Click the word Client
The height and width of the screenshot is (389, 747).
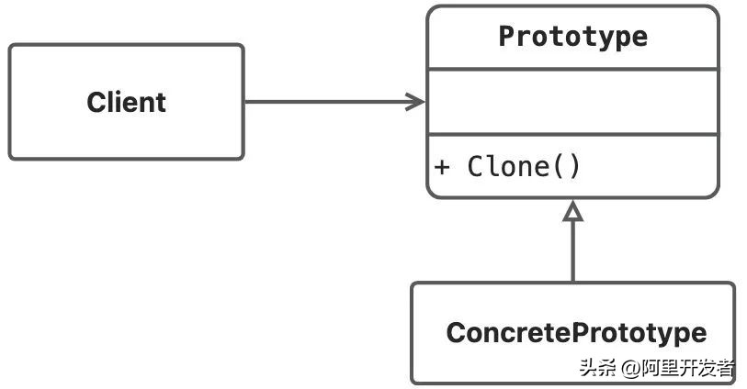[x=126, y=102]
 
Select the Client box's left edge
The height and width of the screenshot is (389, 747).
[x=10, y=102]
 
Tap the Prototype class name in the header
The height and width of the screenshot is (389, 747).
[x=572, y=37]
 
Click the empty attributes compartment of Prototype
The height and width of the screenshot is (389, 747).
[x=572, y=101]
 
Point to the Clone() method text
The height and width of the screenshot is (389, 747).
[x=524, y=167]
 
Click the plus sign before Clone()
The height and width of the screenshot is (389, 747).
[x=442, y=168]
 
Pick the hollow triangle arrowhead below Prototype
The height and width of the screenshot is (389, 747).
[x=573, y=211]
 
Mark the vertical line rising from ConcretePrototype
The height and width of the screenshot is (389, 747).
[x=573, y=252]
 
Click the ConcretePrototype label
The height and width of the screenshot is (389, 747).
[x=576, y=332]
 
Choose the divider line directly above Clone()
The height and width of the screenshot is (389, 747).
[x=572, y=134]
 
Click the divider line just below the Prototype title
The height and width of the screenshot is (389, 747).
[x=572, y=69]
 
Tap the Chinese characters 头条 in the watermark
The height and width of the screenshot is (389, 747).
[x=596, y=369]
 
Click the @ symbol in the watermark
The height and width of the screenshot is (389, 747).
[x=628, y=369]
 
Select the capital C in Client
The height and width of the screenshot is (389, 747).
[x=96, y=102]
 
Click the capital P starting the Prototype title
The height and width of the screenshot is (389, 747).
[x=506, y=37]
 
